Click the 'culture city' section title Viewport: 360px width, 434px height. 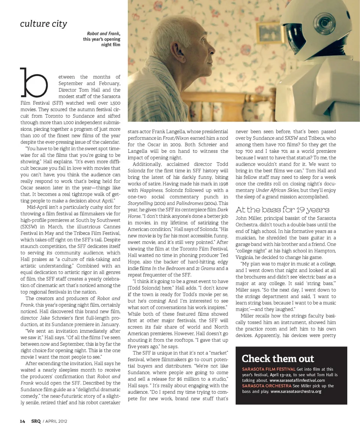coord(43,24)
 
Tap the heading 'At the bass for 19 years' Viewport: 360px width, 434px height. coord(282,209)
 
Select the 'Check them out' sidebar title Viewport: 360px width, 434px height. coord(278,359)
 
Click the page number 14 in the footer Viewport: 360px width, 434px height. coord(22,421)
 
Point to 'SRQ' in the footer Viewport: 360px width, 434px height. coord(36,421)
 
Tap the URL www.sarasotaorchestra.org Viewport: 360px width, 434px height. coord(296,391)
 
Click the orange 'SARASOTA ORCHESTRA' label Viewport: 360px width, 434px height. coord(267,386)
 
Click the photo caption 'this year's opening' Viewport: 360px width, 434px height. coord(102,39)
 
